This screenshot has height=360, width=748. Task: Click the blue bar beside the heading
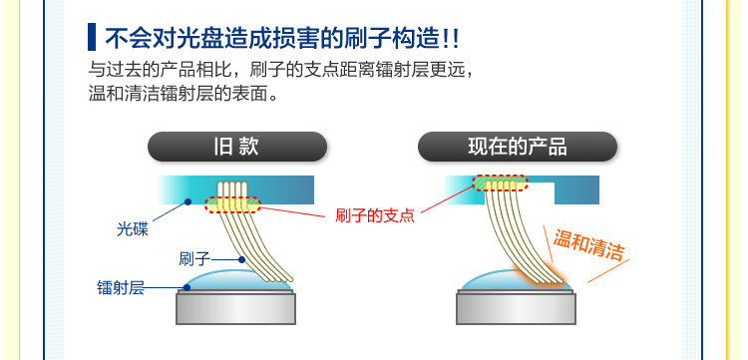click(x=92, y=37)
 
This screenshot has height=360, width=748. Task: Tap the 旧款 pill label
click(x=237, y=147)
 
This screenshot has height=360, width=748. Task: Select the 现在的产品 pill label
click(x=517, y=147)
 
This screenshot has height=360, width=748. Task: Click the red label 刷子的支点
click(x=375, y=215)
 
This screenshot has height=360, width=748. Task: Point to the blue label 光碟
click(x=133, y=229)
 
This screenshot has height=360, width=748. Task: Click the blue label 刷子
click(x=194, y=259)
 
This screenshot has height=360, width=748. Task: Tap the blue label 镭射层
click(x=121, y=288)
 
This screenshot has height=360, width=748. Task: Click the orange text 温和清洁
click(x=588, y=244)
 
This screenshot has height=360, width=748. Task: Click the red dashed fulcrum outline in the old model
click(x=232, y=204)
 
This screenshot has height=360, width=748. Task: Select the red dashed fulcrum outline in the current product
click(x=500, y=182)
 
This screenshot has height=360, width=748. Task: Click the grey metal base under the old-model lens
click(x=235, y=308)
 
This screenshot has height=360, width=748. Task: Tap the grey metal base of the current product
click(x=517, y=308)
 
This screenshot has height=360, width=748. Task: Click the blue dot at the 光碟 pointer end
click(x=187, y=201)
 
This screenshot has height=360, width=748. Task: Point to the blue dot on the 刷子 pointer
click(x=242, y=260)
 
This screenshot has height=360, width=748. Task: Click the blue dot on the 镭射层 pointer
click(x=187, y=287)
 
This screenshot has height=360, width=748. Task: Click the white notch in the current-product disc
click(x=542, y=192)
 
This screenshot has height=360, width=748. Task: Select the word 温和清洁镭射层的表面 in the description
click(x=184, y=94)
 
